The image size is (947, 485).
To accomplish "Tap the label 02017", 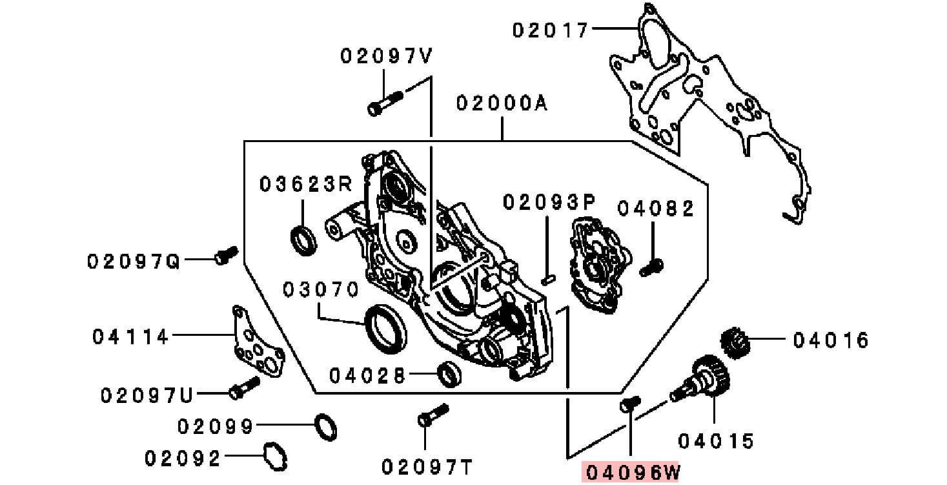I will tap(551, 30).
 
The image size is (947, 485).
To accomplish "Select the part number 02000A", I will tap(502, 103).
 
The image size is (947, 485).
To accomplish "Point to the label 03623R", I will tap(305, 185).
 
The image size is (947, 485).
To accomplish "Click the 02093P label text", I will tap(548, 203).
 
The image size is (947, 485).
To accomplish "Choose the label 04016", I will tap(831, 340).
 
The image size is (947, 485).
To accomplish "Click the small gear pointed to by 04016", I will tap(734, 342).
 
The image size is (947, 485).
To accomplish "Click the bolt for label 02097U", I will tap(244, 387).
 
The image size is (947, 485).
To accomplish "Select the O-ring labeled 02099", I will tap(326, 428).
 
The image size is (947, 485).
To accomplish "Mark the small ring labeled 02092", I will tap(276, 456).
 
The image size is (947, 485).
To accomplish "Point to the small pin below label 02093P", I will tap(547, 278).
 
